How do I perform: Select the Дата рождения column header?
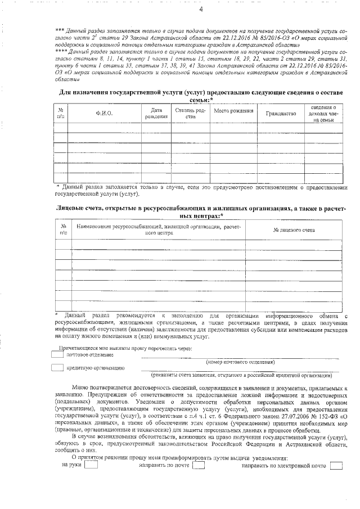click(156, 114)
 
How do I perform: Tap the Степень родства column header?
click(191, 114)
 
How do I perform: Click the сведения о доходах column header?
click(325, 114)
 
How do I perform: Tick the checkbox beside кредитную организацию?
click(57, 368)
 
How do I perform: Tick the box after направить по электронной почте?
click(336, 466)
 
